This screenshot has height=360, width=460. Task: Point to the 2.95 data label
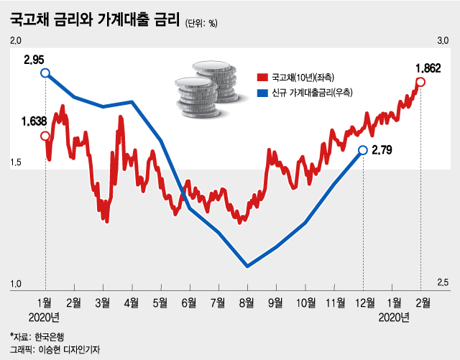coord(34,58)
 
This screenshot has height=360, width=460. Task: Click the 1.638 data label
coord(34,121)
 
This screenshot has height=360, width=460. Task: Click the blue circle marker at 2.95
coord(45,73)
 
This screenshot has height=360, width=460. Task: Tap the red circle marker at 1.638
coord(45,136)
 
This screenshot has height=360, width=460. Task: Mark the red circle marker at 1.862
coord(420,82)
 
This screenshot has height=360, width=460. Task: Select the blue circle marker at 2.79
coord(363,149)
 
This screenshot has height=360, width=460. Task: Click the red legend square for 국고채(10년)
coord(261,77)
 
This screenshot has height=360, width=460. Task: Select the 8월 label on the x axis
coord(247,302)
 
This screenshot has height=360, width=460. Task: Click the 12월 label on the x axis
coord(363,302)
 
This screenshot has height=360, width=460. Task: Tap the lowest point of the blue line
coord(247,266)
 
